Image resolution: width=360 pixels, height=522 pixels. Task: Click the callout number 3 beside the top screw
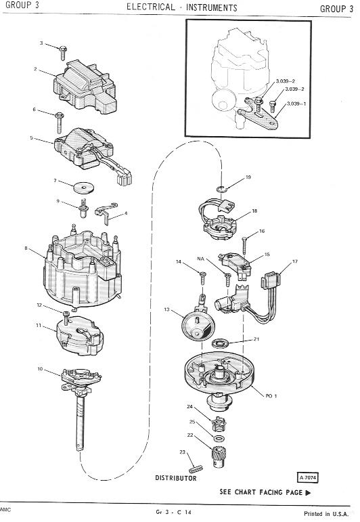(41, 43)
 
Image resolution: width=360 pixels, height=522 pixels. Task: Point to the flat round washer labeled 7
(83, 187)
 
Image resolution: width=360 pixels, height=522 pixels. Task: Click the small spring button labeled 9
(83, 207)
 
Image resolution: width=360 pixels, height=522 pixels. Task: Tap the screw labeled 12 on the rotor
(66, 318)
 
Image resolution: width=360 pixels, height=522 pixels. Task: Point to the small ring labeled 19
(221, 190)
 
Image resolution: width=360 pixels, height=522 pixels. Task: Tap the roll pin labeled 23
(196, 470)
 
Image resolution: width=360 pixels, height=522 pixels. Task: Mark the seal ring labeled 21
(220, 343)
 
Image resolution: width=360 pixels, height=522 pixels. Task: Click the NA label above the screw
(200, 259)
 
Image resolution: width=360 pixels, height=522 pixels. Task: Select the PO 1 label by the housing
(271, 396)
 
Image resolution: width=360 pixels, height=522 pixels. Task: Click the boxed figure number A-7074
(307, 478)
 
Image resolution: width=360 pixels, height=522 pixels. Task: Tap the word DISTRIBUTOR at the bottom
(176, 478)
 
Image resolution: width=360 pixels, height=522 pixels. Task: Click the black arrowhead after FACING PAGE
(308, 493)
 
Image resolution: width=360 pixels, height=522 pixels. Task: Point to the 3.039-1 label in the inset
(296, 104)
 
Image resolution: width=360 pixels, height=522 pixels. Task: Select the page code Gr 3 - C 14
(173, 512)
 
